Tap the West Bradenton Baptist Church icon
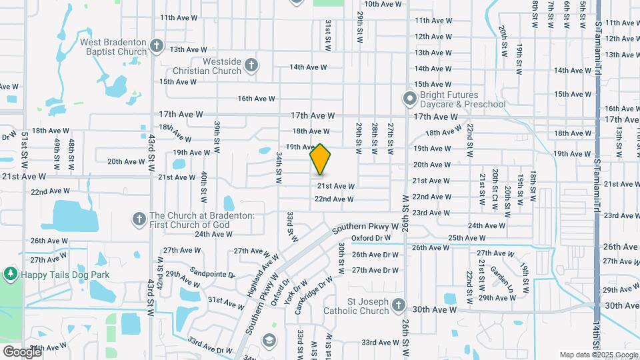157,45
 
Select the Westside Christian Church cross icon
251,65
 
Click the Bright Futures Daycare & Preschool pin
409,99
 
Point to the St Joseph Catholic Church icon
398,305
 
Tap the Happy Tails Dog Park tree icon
10,274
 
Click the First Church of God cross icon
139,219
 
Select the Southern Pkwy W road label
369,227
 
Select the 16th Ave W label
257,99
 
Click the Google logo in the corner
22,352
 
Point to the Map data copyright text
599,355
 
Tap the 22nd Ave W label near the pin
334,199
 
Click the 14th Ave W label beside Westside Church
308,67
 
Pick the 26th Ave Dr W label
375,254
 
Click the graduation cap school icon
269,340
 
